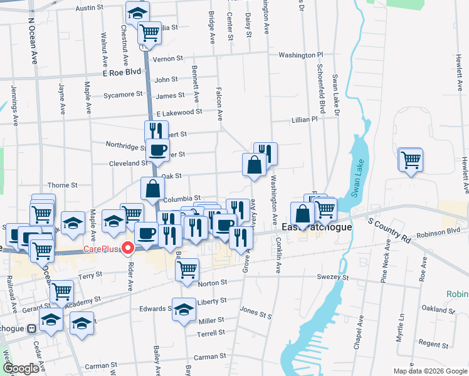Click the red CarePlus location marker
tap(129, 249)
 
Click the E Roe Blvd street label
tap(122, 73)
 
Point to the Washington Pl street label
tap(300, 55)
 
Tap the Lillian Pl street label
tap(305, 119)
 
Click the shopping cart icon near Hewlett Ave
tap(411, 159)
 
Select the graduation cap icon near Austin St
tap(137, 11)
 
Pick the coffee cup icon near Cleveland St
tap(157, 149)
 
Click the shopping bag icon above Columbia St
tap(153, 188)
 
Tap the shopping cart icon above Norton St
tap(187, 269)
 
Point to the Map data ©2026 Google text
tap(430, 371)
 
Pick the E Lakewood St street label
tap(179, 112)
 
